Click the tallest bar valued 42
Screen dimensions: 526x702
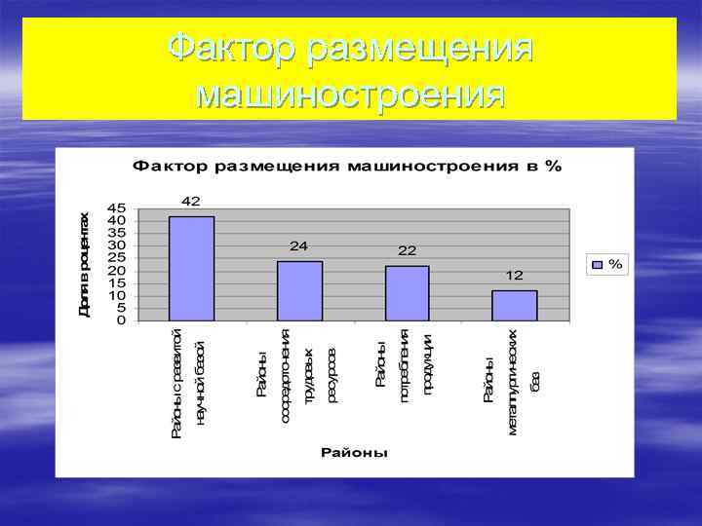tap(191, 269)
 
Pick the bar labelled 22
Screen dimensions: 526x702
tap(407, 293)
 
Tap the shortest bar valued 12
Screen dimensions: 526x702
tap(514, 306)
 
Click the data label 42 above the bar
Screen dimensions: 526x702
tap(191, 202)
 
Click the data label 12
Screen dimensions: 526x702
tap(514, 277)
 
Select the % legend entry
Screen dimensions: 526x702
tap(607, 264)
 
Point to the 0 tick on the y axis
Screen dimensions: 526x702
tap(122, 320)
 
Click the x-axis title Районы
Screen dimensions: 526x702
tap(354, 453)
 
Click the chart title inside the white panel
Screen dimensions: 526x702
tap(347, 166)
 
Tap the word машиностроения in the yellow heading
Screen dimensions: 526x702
tap(350, 94)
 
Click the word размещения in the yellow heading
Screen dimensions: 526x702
tap(419, 47)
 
